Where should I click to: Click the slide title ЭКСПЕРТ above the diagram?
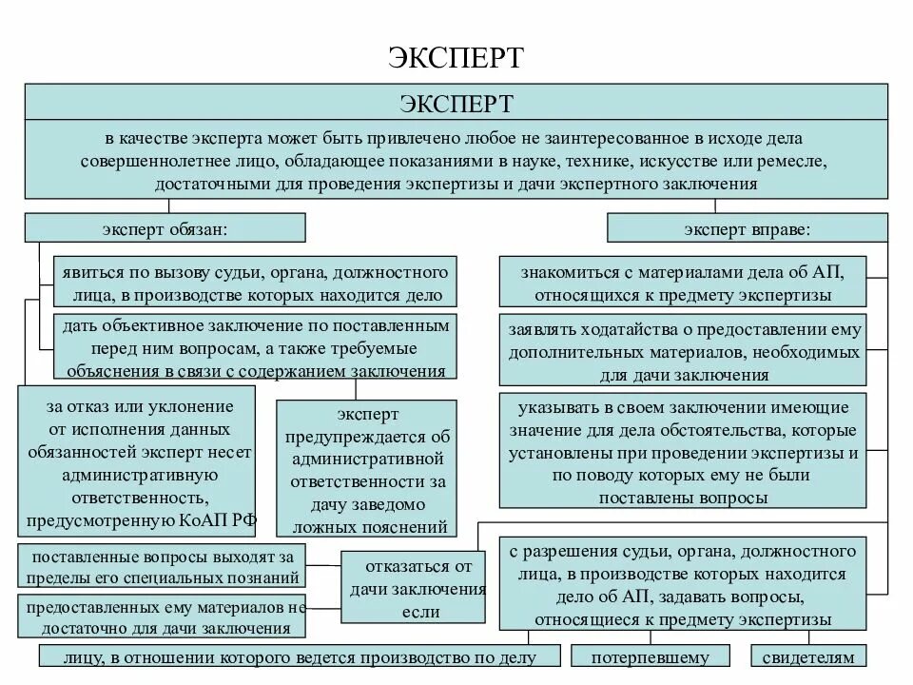(456, 56)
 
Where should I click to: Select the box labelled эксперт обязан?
(165, 227)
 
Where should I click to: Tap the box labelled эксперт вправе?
(747, 227)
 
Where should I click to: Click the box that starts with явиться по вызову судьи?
(255, 282)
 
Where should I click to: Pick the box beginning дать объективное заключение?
(255, 347)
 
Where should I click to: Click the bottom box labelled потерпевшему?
(650, 656)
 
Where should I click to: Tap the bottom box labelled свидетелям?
(808, 656)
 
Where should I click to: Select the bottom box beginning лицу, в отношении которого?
(301, 656)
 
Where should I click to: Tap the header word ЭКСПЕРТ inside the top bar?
(456, 102)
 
